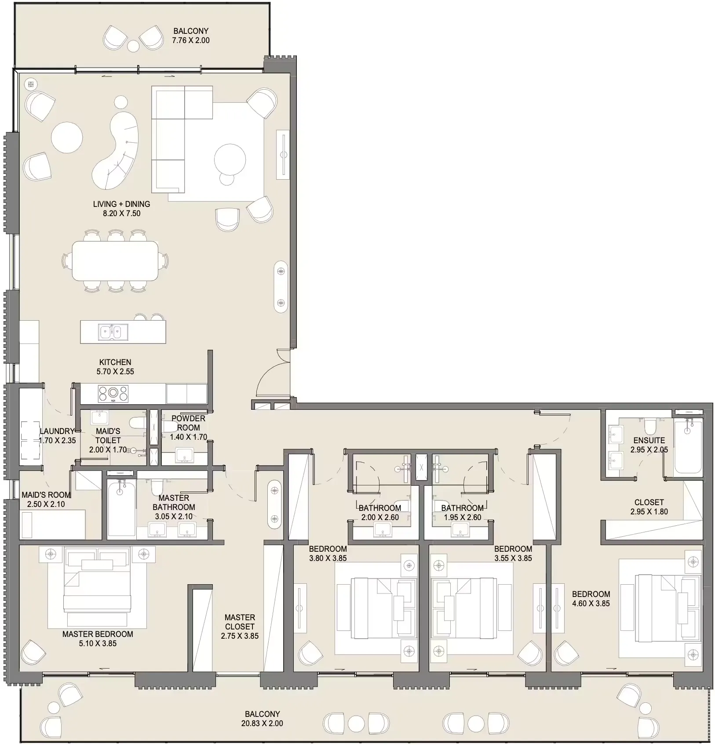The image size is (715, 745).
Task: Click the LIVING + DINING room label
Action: coord(121,204)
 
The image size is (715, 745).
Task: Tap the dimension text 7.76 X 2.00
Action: coord(191,40)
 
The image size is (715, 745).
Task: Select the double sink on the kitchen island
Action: coord(113,332)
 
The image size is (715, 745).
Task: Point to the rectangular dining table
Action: coord(115,260)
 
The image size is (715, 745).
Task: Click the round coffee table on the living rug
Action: coord(230,159)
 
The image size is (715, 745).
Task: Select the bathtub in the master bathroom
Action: coord(121,509)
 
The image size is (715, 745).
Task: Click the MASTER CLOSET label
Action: coord(240,622)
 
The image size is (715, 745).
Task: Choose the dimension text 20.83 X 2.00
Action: coord(262,723)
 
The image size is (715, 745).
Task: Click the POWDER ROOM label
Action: coord(188,423)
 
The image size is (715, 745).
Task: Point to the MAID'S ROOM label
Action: coord(46,495)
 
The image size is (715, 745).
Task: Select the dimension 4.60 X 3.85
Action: coord(591,604)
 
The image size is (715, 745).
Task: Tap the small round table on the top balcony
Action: coord(133,45)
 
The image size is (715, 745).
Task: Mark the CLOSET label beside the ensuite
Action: coord(649,502)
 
